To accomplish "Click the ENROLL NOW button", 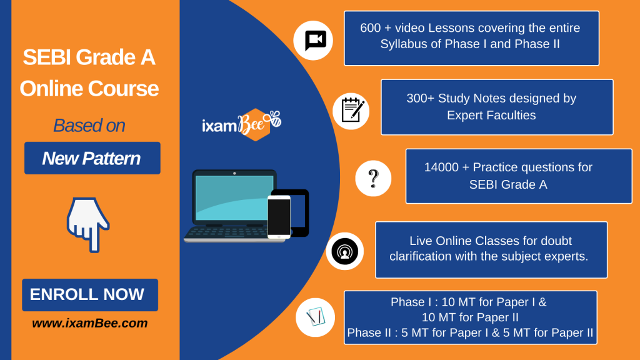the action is (x=90, y=295).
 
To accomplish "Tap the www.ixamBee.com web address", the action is (x=90, y=323).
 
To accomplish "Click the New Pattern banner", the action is (x=92, y=158).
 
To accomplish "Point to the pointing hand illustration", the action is (x=87, y=224).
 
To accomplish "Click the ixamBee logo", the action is (x=242, y=124).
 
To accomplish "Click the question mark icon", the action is (x=373, y=178).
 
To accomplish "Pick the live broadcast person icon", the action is (x=344, y=251).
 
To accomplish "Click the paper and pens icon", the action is (x=315, y=317).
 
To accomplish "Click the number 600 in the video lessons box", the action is (x=371, y=27).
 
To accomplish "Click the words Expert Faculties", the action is (x=491, y=116).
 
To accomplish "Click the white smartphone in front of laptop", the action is (x=279, y=217).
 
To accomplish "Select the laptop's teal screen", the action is (x=234, y=197).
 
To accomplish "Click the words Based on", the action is (x=89, y=125).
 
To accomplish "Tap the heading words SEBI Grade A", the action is (x=89, y=57).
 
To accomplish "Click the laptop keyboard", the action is (x=227, y=232).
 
